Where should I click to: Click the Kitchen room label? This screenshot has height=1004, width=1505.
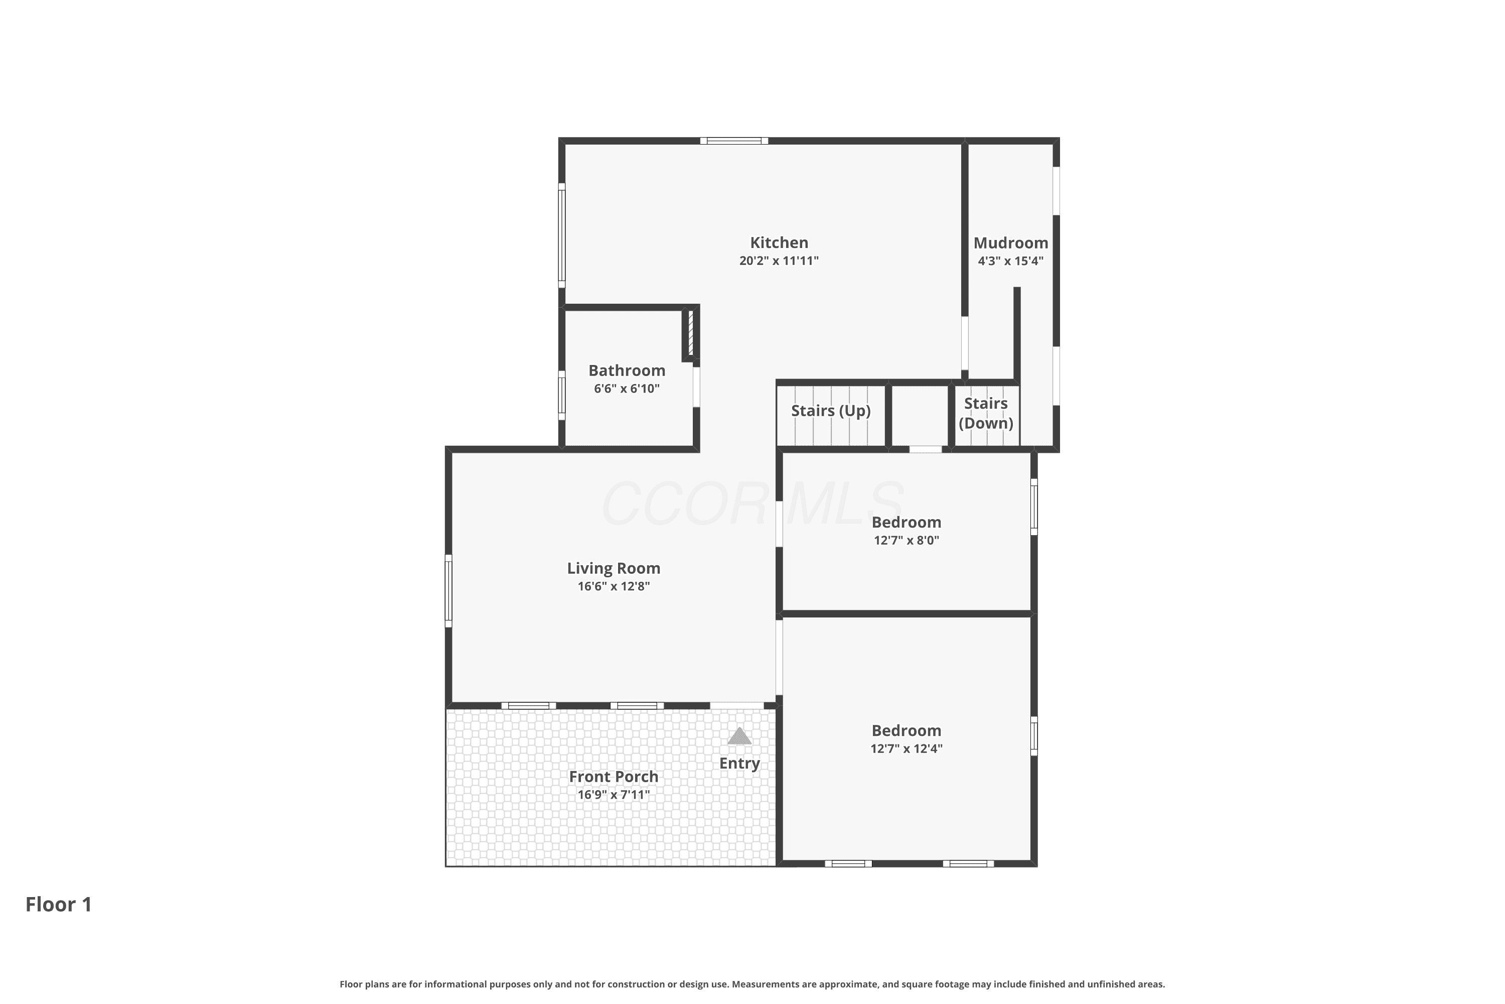point(779,242)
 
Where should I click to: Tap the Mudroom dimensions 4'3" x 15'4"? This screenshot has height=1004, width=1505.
point(1010,261)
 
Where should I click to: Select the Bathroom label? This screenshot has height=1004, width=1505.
point(627,371)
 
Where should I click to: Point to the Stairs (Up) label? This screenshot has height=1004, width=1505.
point(831,411)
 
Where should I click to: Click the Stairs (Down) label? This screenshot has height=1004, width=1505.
point(985,413)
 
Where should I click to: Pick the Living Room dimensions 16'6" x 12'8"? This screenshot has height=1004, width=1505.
point(614,586)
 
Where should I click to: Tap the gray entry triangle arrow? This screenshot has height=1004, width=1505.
point(739,736)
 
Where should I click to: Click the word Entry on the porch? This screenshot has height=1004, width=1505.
point(739,763)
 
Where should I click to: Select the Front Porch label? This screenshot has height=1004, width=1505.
point(614,777)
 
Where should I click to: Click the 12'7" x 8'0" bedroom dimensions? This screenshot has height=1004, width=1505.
point(906,540)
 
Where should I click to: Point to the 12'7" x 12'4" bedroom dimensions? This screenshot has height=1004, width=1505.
point(906,748)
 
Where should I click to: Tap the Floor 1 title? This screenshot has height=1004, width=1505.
point(59,904)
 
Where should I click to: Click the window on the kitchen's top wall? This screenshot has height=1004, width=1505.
point(734,141)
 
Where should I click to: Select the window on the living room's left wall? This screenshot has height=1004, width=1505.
point(448,590)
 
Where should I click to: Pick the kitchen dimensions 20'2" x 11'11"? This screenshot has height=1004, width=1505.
point(779,261)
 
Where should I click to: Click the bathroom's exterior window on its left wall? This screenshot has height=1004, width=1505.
point(562,395)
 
